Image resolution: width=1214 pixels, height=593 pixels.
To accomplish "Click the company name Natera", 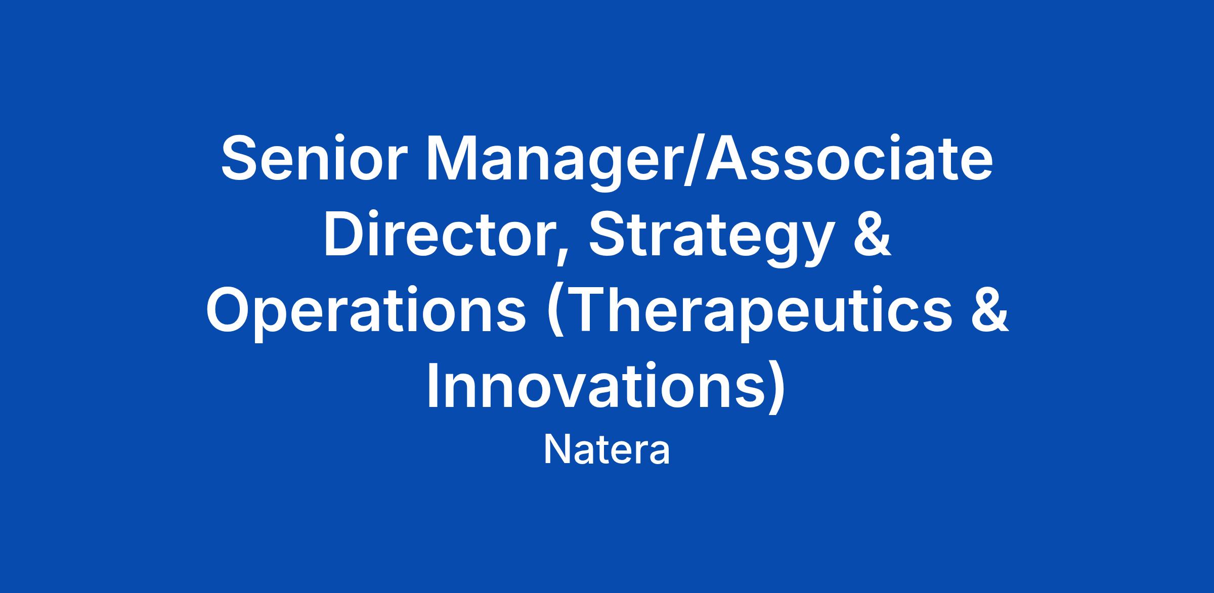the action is point(606,450).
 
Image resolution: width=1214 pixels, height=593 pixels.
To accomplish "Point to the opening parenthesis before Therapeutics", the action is point(557,314).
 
